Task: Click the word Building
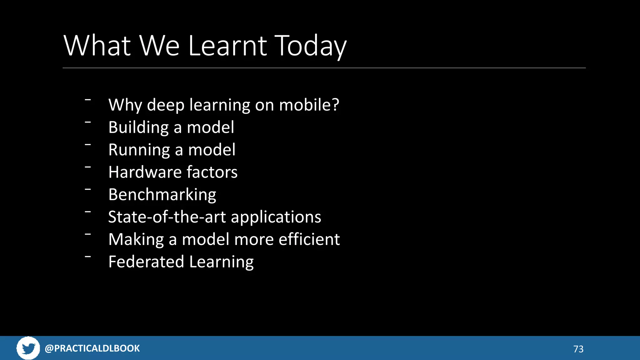(138, 127)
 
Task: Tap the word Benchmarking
(162, 195)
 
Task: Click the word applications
(276, 217)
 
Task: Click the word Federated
(146, 262)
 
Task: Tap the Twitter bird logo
(28, 348)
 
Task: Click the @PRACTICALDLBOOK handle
(92, 348)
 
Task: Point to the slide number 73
(578, 349)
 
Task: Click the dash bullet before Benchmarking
(88, 189)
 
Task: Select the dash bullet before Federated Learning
(88, 257)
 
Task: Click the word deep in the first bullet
(166, 105)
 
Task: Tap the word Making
(136, 240)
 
